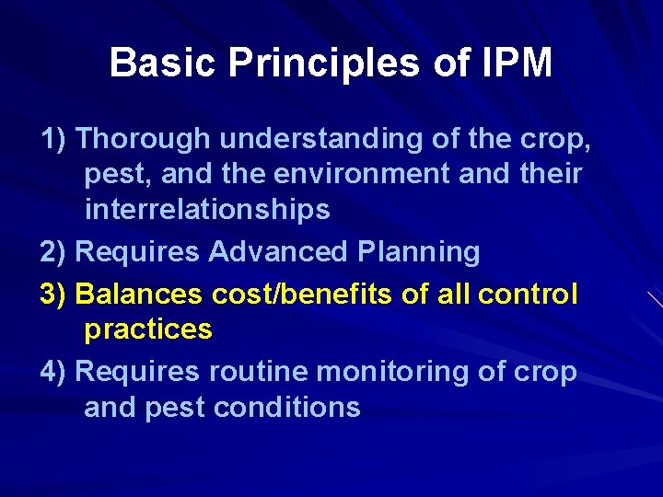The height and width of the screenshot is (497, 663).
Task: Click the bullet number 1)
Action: [54, 139]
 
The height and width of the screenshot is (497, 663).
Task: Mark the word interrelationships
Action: [207, 210]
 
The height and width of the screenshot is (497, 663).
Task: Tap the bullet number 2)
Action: [54, 251]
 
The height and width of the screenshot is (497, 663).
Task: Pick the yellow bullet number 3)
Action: [54, 295]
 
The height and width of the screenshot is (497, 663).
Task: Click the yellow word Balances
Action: [139, 295]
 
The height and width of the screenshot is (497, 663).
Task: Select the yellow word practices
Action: [148, 329]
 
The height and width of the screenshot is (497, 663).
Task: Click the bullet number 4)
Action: [54, 372]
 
